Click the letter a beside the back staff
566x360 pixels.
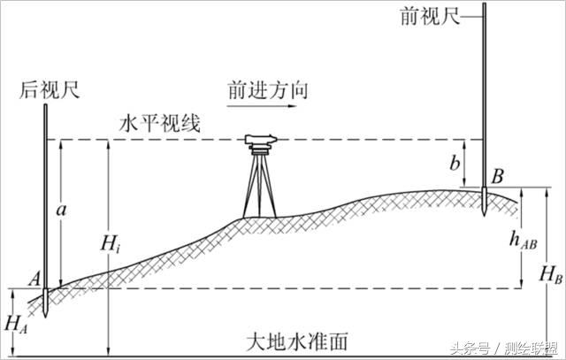click(x=58, y=210)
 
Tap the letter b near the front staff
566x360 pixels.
click(x=455, y=163)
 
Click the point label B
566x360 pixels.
click(x=498, y=177)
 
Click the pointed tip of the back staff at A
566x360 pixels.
click(x=43, y=316)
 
